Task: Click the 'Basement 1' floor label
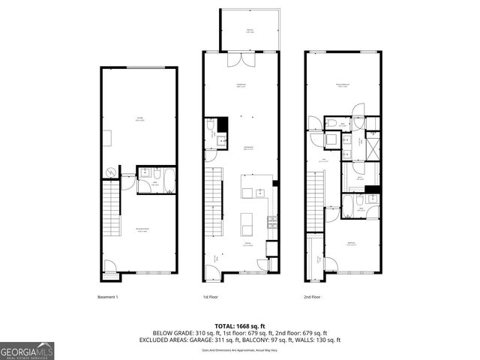click(x=108, y=297)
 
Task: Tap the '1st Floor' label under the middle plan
click(x=211, y=297)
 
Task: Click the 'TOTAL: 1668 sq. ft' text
click(x=240, y=326)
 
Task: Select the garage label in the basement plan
click(x=140, y=118)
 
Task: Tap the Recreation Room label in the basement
click(x=140, y=230)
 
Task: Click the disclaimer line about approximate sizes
click(x=240, y=350)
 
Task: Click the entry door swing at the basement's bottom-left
click(x=109, y=265)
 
